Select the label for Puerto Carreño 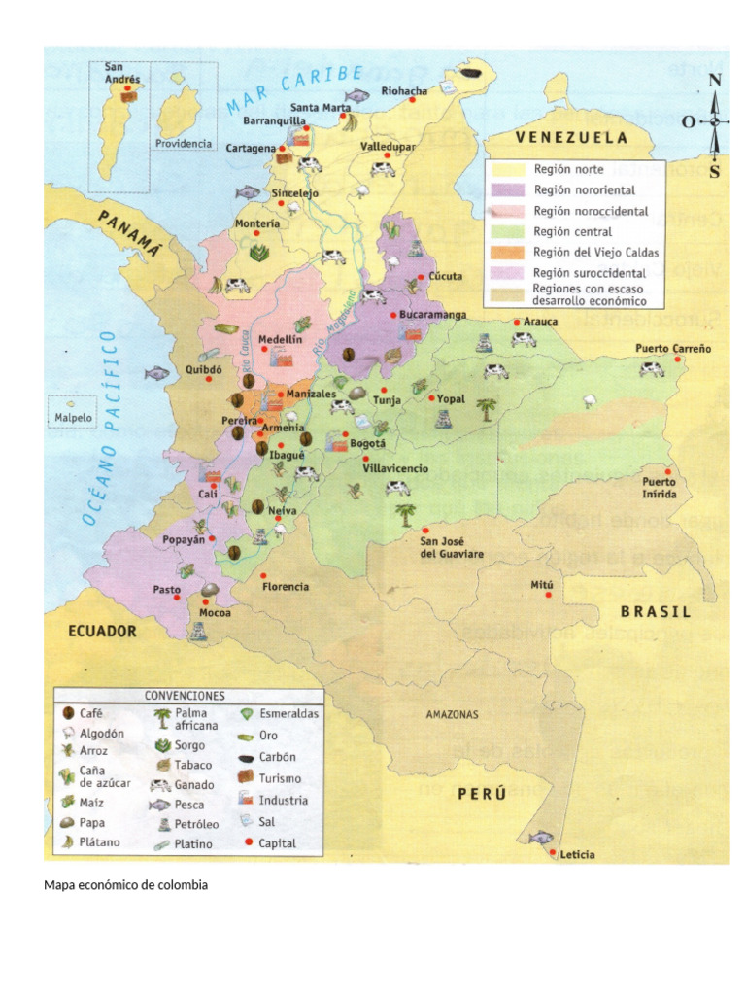673,348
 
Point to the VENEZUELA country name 571,138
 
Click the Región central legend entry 572,232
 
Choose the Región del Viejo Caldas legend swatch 507,253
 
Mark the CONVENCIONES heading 185,697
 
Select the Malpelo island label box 68,420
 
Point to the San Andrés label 122,73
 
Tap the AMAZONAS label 452,715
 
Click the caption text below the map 126,885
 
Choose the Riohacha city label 404,91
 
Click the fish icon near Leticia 540,837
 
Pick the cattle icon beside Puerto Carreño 652,368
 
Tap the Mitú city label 541,585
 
